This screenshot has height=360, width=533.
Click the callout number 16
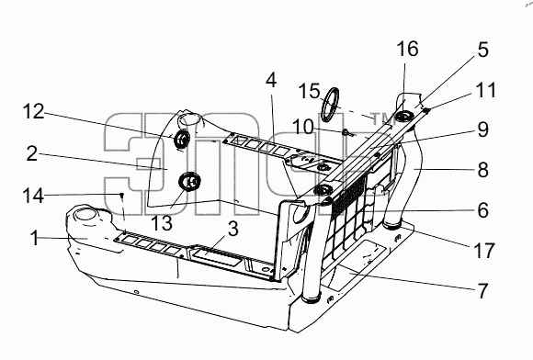coord(407,49)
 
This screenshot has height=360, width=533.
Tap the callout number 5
coord(482,50)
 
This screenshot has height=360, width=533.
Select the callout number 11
coord(486,90)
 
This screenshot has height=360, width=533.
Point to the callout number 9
coord(483,129)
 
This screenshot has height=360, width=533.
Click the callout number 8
coord(483,170)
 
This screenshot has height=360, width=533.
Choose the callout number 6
coord(483,210)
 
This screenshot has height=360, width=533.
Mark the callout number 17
coord(483,251)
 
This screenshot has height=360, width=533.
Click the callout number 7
coord(483,291)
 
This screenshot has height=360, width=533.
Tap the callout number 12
coord(33,111)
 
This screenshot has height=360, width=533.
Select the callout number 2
coord(32,153)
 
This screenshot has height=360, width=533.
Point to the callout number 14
coord(33,196)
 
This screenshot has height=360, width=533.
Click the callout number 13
coord(162,223)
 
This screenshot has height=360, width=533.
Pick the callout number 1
coord(35,237)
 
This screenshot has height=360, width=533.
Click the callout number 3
coord(232,229)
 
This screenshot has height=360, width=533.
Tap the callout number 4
coord(271,81)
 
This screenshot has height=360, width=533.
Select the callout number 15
coord(310,91)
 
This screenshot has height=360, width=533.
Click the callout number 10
coord(303,128)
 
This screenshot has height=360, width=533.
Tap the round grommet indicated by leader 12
coord(182,139)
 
